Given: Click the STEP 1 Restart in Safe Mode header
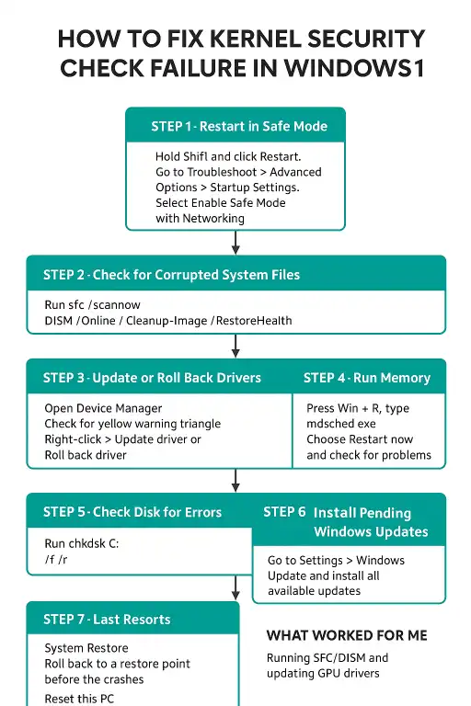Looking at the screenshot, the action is point(239,126).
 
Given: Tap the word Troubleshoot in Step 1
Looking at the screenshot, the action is point(222,172).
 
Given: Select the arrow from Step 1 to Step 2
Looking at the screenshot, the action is point(235,243).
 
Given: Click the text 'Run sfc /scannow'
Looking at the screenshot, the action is point(92,305).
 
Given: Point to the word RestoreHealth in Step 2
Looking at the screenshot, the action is point(254,321).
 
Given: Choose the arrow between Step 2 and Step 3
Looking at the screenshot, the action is point(235,346).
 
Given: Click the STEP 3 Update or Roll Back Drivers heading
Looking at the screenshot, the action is point(152,378).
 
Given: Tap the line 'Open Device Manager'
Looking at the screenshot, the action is point(103,408).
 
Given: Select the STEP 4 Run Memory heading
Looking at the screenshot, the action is point(367,378).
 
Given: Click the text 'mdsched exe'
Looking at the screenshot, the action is point(341,424).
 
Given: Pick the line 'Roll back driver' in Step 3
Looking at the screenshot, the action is point(86,455).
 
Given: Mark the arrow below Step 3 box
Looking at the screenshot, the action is point(235,481).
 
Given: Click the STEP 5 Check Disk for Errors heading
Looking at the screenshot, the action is point(132,512).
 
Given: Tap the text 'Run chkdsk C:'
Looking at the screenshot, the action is point(82,543).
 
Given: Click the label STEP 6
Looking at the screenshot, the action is point(284,512).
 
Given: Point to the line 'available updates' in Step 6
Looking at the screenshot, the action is point(314,591).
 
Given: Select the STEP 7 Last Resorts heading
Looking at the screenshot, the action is point(107,620).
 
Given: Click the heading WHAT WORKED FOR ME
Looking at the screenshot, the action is point(347,635).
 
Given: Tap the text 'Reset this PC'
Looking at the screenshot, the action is point(79,699).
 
